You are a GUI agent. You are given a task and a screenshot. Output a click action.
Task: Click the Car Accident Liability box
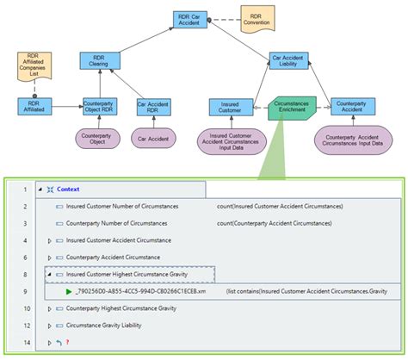pyautogui.click(x=290, y=61)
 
